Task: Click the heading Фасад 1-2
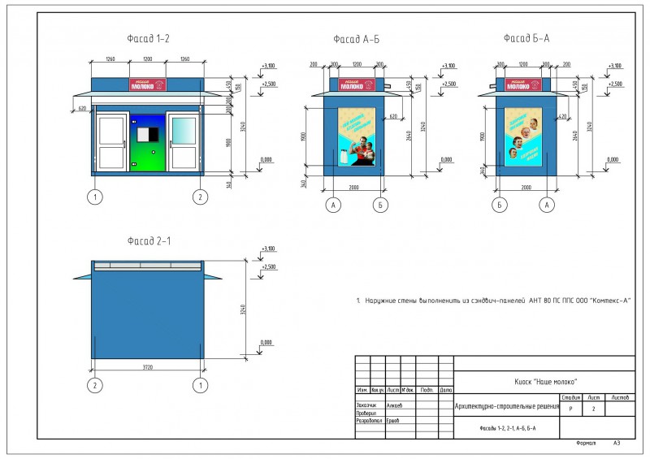click(148, 39)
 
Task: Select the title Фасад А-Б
click(356, 39)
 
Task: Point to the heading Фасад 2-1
click(148, 240)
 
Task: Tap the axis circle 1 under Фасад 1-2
click(96, 197)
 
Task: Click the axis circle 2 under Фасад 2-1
click(96, 384)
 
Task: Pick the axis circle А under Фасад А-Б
click(333, 206)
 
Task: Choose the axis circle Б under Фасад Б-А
click(498, 206)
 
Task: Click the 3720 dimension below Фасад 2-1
click(146, 368)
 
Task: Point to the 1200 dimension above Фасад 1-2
click(147, 60)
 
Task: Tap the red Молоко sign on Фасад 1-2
click(147, 84)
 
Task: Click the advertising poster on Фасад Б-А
click(522, 135)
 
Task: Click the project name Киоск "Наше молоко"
click(544, 380)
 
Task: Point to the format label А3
click(617, 443)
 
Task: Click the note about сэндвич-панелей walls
click(494, 301)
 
